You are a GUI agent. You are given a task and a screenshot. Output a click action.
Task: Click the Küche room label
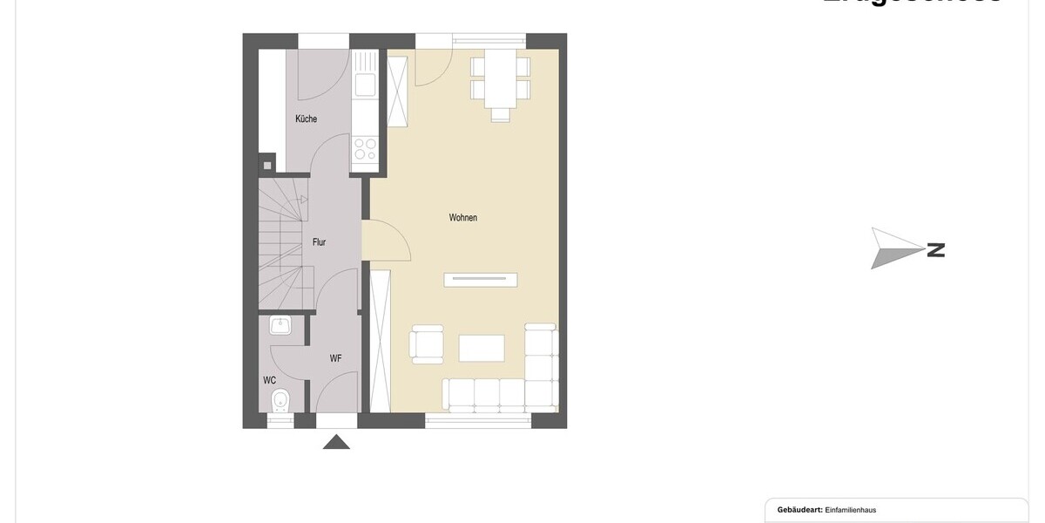(x=306, y=119)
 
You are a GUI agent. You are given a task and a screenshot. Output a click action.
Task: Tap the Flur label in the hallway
(x=319, y=242)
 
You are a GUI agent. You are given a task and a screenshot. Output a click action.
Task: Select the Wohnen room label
(x=462, y=218)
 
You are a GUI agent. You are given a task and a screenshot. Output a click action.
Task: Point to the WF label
(x=335, y=358)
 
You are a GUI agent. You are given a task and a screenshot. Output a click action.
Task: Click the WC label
(x=270, y=381)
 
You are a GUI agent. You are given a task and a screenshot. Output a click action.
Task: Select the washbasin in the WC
(x=280, y=327)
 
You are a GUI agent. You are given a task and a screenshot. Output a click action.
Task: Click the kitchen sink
(x=365, y=85)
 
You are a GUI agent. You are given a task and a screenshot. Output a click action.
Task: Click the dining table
(x=500, y=78)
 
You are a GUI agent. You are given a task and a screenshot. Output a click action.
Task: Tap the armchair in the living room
(x=427, y=343)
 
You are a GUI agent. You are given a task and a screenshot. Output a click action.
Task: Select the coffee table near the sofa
(x=482, y=348)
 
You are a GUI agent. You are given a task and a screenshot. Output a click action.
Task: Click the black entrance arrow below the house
(x=336, y=442)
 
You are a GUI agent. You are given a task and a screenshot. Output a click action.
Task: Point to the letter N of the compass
(x=936, y=250)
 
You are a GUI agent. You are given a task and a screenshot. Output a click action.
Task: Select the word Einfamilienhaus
(x=856, y=510)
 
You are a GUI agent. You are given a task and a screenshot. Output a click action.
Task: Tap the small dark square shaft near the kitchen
(x=267, y=164)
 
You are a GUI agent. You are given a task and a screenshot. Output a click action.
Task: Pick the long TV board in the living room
(x=481, y=280)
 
